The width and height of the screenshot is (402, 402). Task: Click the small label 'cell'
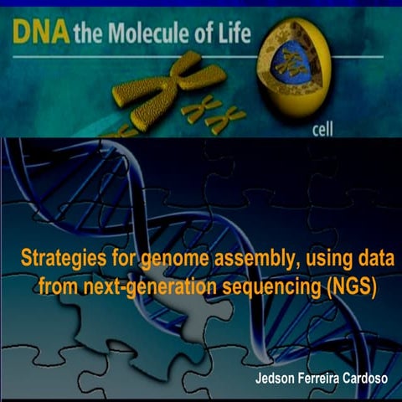click(322, 131)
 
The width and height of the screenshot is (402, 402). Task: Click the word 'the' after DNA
click(87, 35)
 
